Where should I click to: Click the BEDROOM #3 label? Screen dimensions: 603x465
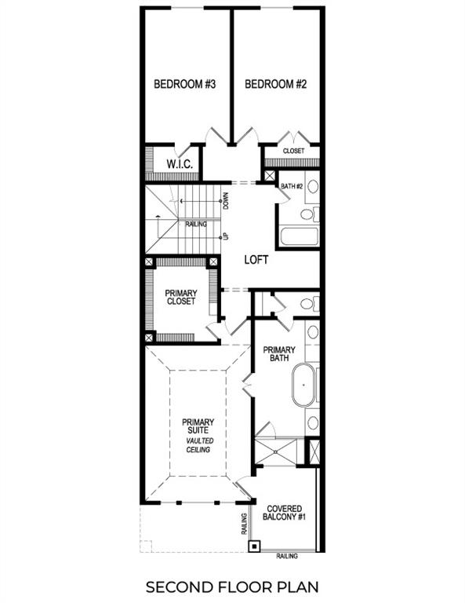tap(185, 84)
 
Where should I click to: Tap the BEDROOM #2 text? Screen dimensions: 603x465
tap(276, 84)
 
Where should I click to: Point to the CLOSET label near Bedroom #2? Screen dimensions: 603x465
tap(293, 150)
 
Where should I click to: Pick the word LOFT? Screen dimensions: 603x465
tap(256, 260)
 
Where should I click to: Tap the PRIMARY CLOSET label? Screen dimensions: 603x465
tap(180, 297)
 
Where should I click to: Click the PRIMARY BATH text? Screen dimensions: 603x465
tap(278, 355)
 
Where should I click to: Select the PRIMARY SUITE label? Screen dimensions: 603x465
tap(198, 427)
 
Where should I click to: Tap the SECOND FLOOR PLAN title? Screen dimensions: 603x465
tap(232, 586)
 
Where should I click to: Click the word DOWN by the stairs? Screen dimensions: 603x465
tap(225, 201)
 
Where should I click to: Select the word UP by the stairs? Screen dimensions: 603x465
tap(225, 236)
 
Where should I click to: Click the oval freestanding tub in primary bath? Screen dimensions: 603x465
tap(303, 386)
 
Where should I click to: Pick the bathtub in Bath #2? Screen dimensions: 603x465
tap(300, 236)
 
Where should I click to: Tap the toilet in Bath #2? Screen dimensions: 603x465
tap(307, 213)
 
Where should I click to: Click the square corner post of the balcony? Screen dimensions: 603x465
tap(254, 546)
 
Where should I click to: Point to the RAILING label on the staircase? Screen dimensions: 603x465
tap(196, 224)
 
